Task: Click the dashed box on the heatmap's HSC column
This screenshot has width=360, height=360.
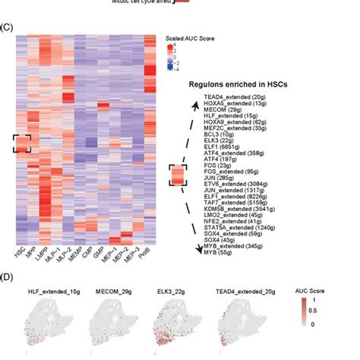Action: coord(21,142)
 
